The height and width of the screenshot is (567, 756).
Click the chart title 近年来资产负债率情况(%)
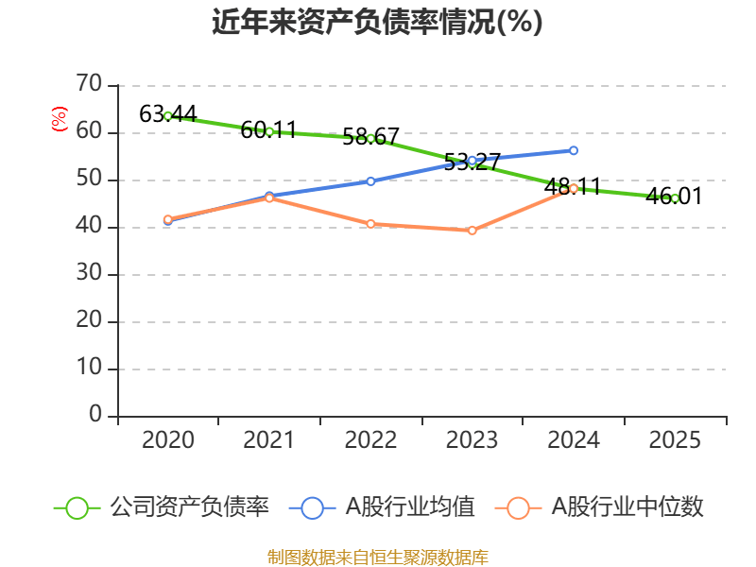(378, 23)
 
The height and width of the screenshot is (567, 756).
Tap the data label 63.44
(167, 114)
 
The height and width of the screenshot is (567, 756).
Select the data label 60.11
(269, 130)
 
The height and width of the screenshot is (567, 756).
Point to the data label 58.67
(370, 137)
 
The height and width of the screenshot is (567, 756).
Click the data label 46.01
(675, 197)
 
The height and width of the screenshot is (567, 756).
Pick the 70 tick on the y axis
(89, 85)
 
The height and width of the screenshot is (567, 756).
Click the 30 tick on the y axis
(89, 274)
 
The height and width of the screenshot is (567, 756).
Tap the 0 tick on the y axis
(94, 416)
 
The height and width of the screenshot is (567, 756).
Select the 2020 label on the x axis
(167, 440)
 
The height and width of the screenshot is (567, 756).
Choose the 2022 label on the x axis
(370, 440)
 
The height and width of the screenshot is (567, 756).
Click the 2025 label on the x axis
(675, 440)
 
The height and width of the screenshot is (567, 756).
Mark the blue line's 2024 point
(574, 150)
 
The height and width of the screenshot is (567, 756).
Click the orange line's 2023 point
(472, 231)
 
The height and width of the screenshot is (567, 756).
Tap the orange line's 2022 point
(370, 224)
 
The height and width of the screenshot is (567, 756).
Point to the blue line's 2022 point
(370, 180)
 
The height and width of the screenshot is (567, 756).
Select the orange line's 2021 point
(269, 198)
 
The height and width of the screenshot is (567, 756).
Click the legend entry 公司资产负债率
(162, 507)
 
